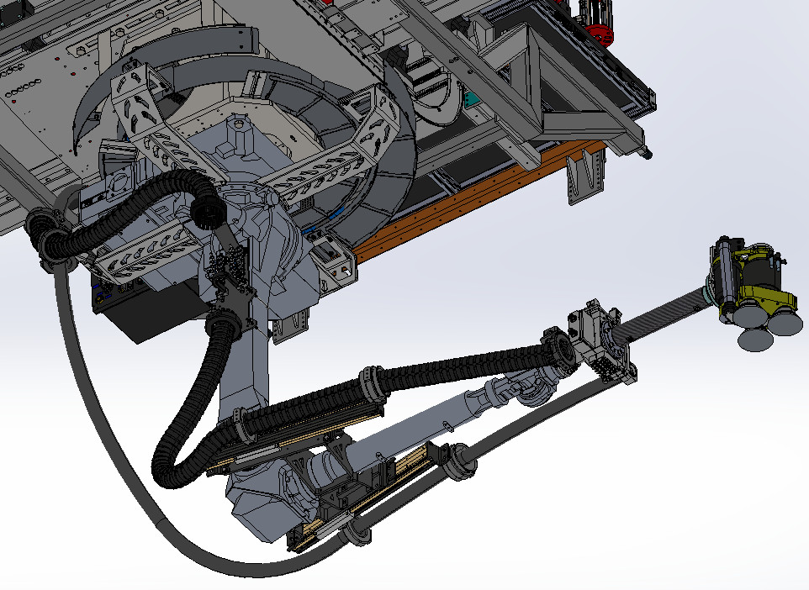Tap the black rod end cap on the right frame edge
pos(646,153)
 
